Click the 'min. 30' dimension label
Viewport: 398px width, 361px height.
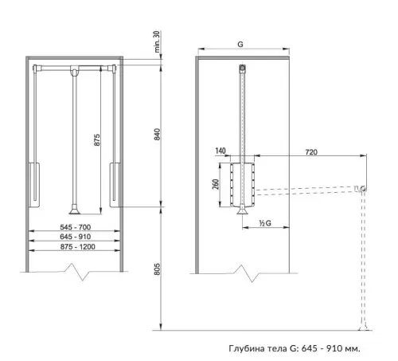point(157,41)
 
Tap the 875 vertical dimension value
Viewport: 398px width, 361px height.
point(97,139)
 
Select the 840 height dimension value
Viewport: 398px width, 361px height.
point(157,134)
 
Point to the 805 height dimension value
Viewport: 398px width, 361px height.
point(157,269)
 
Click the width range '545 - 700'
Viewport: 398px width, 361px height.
point(76,227)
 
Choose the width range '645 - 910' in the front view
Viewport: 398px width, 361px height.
point(76,237)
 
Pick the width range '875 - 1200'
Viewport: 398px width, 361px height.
point(78,247)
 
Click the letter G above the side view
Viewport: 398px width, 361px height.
point(240,44)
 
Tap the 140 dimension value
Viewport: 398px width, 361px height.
point(220,151)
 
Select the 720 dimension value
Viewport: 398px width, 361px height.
point(311,152)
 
